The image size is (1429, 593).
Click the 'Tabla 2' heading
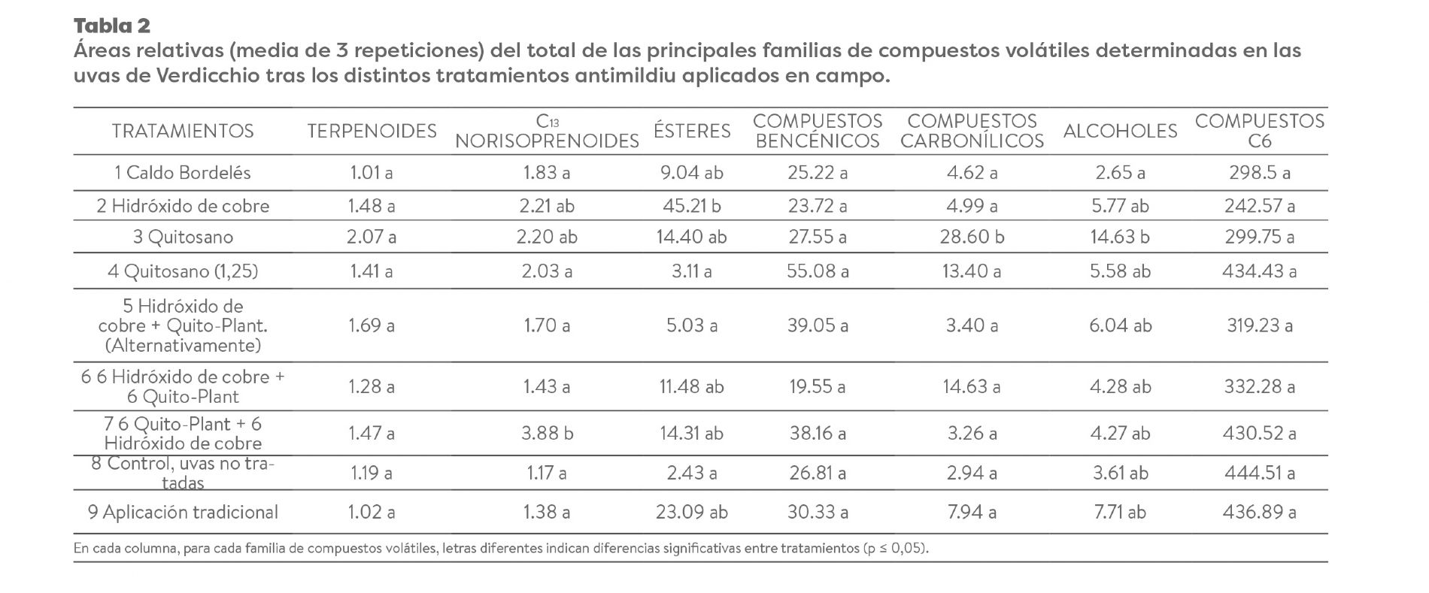[112, 26]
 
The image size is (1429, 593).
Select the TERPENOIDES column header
[372, 131]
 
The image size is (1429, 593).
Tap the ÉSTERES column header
[692, 131]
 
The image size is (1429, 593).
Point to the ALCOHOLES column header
[1120, 131]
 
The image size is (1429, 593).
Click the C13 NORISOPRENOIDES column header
[547, 132]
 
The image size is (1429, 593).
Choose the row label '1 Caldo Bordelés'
[183, 173]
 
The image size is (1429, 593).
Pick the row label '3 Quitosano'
[183, 237]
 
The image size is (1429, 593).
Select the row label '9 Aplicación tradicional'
[183, 512]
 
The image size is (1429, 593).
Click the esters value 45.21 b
[692, 205]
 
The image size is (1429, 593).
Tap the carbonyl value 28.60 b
[972, 237]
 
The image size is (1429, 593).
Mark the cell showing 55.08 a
[818, 271]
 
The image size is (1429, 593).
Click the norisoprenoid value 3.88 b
[547, 433]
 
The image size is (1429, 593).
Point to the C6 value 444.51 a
[1259, 473]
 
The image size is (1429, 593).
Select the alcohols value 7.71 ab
[1120, 512]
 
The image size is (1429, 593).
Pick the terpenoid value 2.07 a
[372, 237]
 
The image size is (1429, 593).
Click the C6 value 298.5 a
[1259, 173]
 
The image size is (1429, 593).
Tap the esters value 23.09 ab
[692, 512]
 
